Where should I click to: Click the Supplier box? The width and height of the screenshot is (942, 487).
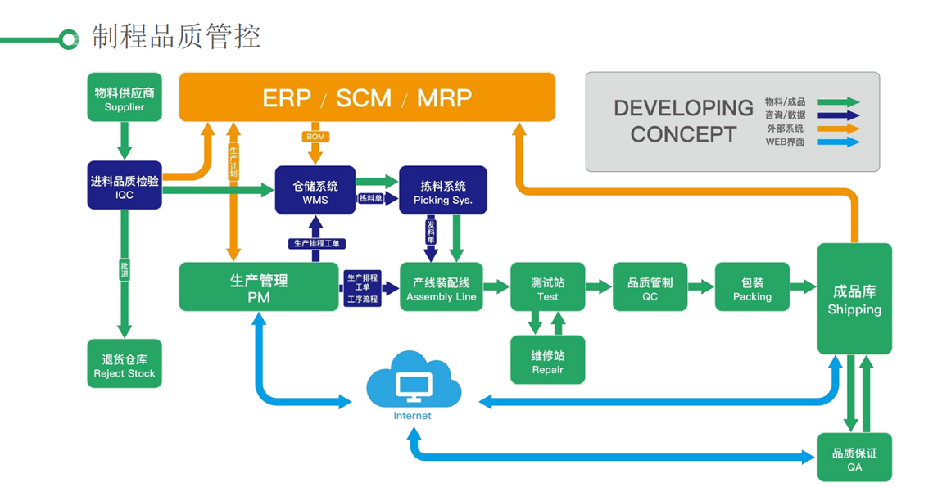point(125,98)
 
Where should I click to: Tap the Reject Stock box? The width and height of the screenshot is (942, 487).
point(125,364)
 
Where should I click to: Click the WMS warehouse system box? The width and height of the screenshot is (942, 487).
point(315,191)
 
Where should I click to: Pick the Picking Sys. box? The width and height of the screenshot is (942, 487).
point(443,191)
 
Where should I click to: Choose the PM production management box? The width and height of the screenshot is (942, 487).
point(259,287)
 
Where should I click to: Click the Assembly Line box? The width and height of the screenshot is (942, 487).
point(441,287)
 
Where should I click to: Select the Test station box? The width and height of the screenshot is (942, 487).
point(548,287)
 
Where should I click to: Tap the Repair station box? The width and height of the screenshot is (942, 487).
point(548,360)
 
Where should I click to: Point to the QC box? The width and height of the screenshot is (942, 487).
point(650,287)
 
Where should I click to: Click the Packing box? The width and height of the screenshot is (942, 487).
point(752,287)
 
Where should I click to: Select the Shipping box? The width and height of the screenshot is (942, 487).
point(854,299)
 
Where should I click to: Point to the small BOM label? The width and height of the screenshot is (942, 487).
point(315,137)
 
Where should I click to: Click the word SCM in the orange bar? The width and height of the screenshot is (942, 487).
point(363,98)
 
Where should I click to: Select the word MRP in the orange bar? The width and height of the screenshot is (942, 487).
point(444,98)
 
